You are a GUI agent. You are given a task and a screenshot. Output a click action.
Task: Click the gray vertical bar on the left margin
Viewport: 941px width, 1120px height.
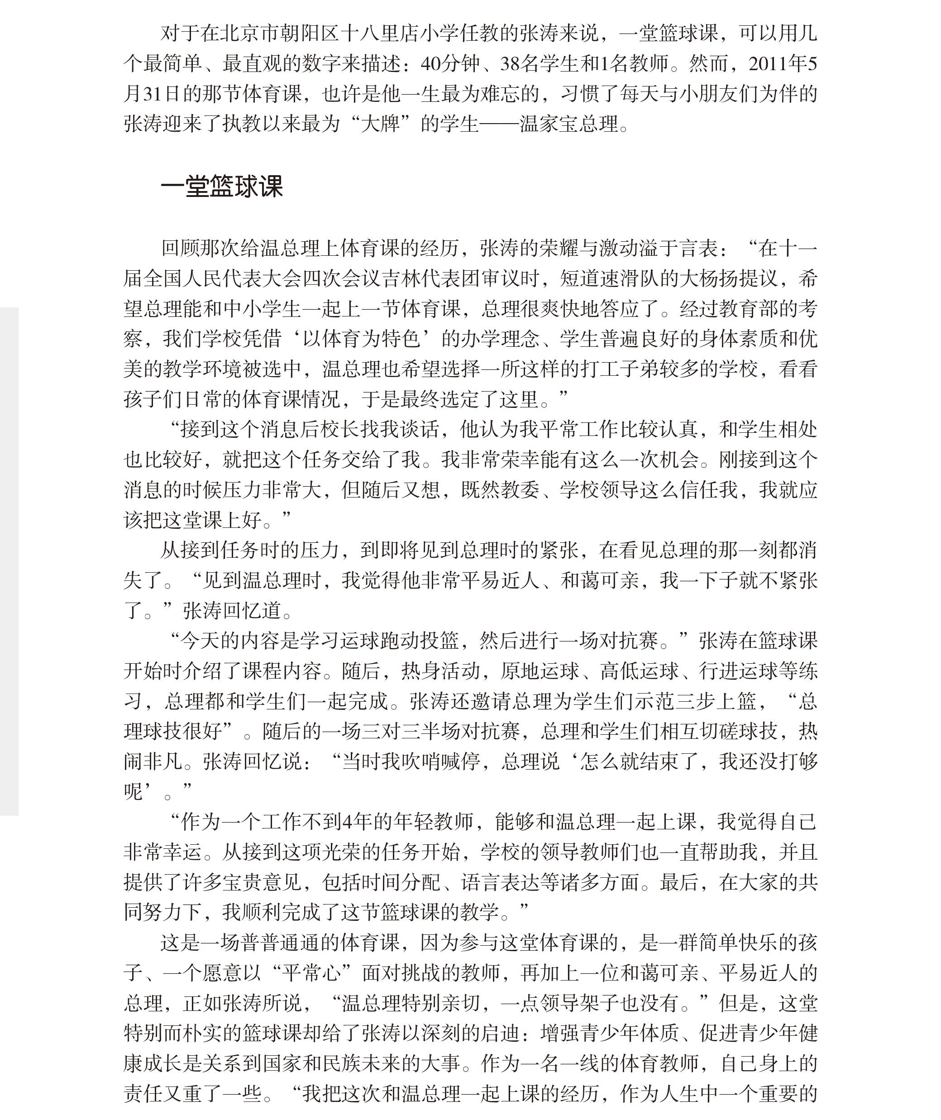[9, 560]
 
